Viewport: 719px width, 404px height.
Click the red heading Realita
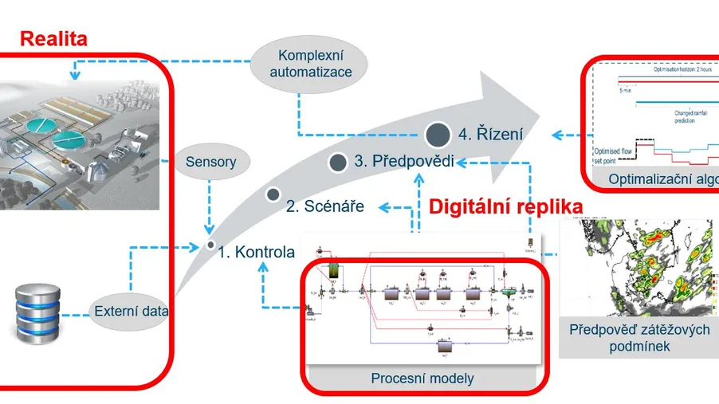[x=53, y=38]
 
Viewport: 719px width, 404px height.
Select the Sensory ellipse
[x=211, y=162]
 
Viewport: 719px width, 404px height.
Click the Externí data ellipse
[x=130, y=312]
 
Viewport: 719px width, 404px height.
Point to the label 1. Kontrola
[x=257, y=253]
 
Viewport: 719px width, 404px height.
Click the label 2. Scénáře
[x=324, y=206]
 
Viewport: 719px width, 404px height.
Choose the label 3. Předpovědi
[x=404, y=161]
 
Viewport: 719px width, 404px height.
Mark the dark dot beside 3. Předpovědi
[x=338, y=163]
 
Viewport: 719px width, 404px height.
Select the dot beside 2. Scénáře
[x=273, y=194]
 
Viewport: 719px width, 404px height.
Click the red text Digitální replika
[x=505, y=207]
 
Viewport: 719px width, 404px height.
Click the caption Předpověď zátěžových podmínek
[x=640, y=338]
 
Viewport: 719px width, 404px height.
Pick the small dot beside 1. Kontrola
[x=210, y=245]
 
